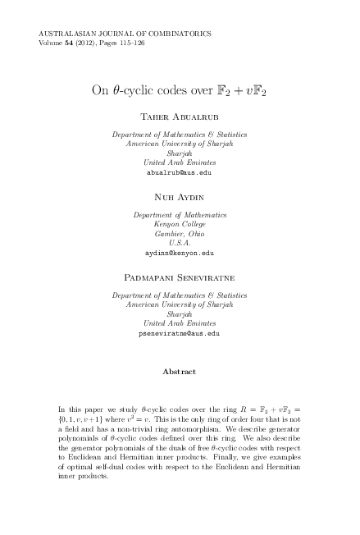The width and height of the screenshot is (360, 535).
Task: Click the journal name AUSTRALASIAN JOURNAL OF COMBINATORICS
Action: (125, 34)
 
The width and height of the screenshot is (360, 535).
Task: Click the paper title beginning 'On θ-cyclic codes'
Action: (179, 89)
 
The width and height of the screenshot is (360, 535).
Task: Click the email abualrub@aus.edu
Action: (179, 173)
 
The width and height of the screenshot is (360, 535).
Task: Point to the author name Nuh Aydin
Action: (179, 198)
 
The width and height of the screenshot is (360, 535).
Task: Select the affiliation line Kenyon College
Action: (179, 224)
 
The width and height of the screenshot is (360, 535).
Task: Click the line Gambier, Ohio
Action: (179, 234)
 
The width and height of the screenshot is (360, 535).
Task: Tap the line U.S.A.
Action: (179, 244)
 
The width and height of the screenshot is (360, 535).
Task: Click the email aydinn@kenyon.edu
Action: (179, 254)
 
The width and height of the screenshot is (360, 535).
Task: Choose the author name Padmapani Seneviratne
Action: (179, 278)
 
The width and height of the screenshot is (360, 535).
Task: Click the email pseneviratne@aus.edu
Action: (179, 334)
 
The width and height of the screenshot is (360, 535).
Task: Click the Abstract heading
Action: (179, 372)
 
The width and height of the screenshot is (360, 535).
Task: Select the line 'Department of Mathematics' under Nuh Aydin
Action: (179, 214)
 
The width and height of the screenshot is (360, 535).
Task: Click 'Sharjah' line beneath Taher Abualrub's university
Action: (179, 153)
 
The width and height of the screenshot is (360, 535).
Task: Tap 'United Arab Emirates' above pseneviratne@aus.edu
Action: (179, 324)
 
